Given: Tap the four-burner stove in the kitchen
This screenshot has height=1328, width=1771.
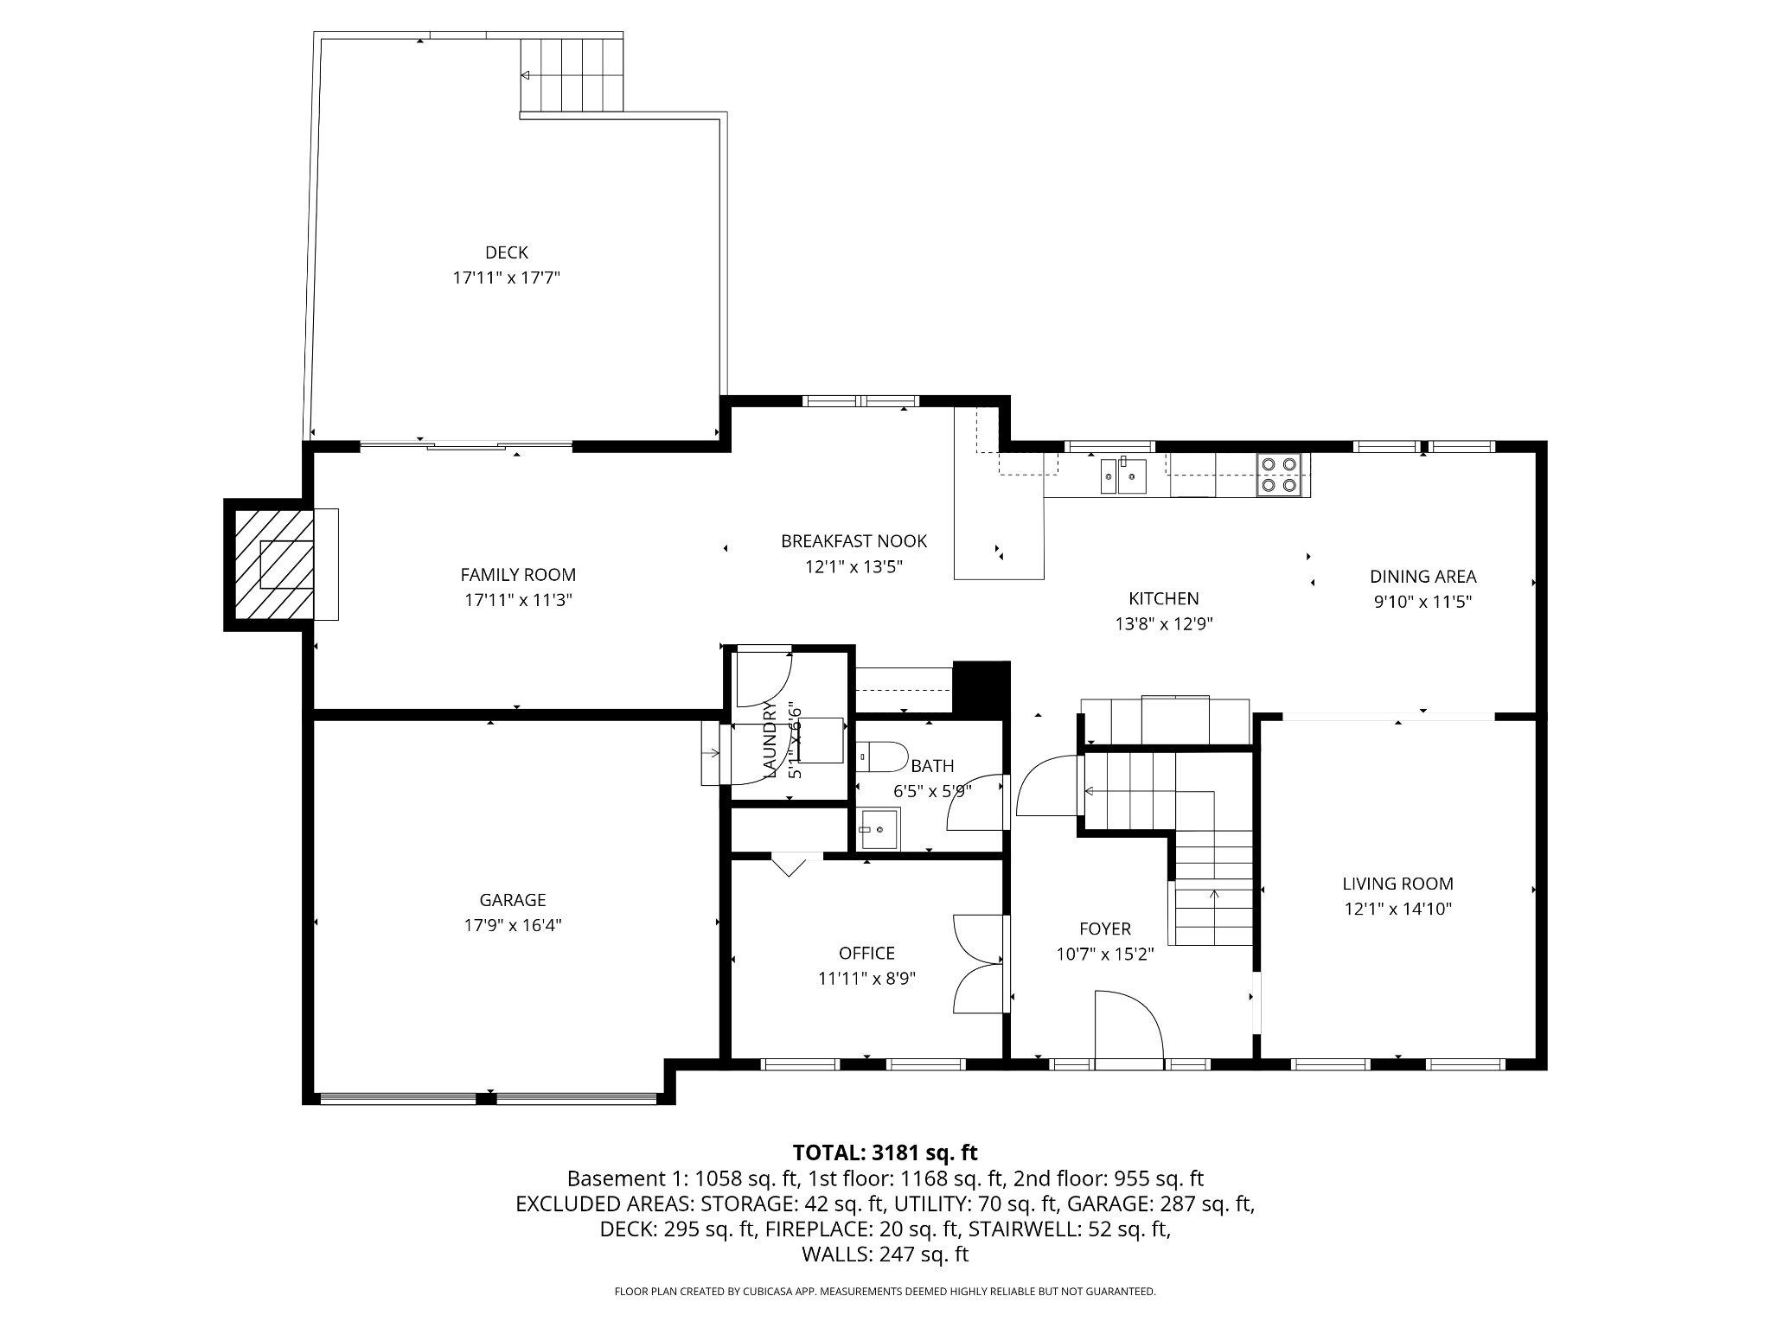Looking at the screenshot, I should pyautogui.click(x=1278, y=475).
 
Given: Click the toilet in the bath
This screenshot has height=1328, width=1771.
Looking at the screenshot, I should pyautogui.click(x=881, y=757).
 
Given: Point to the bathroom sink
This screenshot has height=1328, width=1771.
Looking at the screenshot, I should pyautogui.click(x=879, y=829).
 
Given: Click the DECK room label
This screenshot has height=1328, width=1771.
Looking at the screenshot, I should pyautogui.click(x=507, y=252).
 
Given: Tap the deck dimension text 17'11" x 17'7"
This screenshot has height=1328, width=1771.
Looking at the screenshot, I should pyautogui.click(x=507, y=278).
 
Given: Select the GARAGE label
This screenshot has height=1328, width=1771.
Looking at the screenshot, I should pyautogui.click(x=513, y=900).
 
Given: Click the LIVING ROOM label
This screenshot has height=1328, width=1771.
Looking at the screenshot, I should pyautogui.click(x=1397, y=884).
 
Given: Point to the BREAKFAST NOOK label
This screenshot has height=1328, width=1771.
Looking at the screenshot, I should pyautogui.click(x=854, y=541).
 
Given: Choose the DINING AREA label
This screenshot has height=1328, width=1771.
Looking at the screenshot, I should pyautogui.click(x=1423, y=577).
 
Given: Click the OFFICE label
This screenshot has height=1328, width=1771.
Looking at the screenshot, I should pyautogui.click(x=866, y=953).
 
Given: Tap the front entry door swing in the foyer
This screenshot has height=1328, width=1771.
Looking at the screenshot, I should pyautogui.click(x=1128, y=1025).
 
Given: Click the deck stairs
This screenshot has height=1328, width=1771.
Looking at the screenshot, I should pyautogui.click(x=571, y=75).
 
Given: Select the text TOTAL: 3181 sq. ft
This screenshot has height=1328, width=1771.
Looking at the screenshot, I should pyautogui.click(x=885, y=1152).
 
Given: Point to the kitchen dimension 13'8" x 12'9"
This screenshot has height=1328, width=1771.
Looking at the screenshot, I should pyautogui.click(x=1164, y=624).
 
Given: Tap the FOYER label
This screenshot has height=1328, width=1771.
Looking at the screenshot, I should pyautogui.click(x=1104, y=929).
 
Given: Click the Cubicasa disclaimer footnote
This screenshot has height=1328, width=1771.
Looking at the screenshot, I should pyautogui.click(x=885, y=1292).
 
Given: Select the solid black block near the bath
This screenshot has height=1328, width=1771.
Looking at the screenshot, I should pyautogui.click(x=981, y=688).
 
